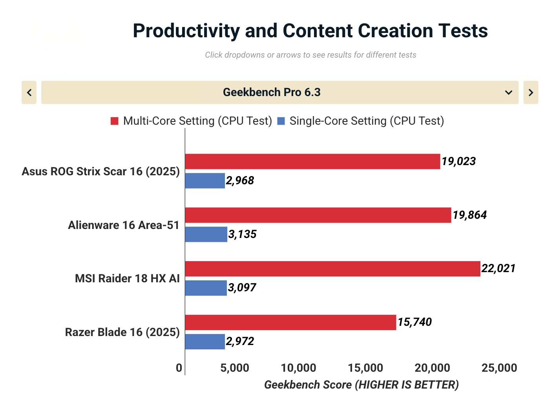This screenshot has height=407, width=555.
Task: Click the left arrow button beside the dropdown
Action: tap(29, 93)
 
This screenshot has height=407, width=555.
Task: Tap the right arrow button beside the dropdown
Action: tap(531, 93)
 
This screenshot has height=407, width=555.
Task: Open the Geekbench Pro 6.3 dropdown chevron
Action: tap(508, 93)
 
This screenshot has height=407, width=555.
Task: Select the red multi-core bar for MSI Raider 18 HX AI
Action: tap(332, 269)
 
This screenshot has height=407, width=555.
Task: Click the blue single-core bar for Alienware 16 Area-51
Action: tap(206, 234)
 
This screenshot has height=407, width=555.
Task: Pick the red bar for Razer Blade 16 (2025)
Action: tap(290, 322)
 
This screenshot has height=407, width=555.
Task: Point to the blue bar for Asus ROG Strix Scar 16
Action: tap(205, 181)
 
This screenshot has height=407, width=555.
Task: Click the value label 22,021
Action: tap(498, 269)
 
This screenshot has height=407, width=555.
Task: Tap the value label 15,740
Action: tap(414, 322)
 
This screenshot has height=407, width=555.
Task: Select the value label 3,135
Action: tap(242, 234)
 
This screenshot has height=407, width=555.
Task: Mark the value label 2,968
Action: tap(240, 181)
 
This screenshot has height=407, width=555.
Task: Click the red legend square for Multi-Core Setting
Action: tap(115, 121)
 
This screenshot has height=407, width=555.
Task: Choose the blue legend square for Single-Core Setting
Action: tap(281, 121)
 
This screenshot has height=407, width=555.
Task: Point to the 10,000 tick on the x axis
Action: tap(298, 368)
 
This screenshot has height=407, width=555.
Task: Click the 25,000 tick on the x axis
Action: tap(499, 368)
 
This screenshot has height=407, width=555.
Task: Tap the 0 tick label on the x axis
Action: tap(179, 368)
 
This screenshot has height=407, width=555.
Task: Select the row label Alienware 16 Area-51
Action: tap(123, 225)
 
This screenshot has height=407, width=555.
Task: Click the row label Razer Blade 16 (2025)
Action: tap(122, 332)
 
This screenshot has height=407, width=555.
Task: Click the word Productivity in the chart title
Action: tap(186, 31)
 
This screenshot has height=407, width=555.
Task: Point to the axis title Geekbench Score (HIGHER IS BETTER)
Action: tap(361, 385)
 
